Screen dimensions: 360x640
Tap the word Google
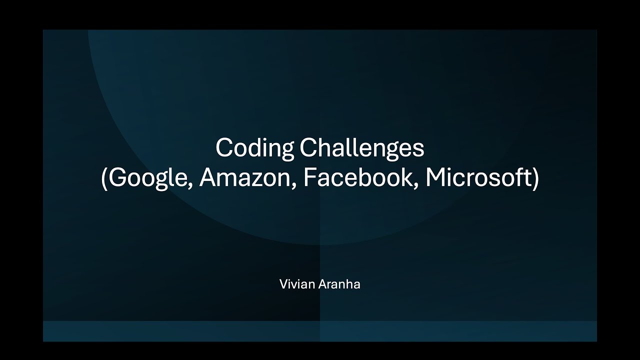tap(148, 179)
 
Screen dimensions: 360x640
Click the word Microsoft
tap(477, 178)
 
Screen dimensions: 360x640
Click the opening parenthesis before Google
tap(104, 179)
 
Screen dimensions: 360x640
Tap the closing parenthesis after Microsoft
tap(535, 179)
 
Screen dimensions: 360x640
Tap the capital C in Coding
tap(223, 148)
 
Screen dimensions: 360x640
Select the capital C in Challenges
tap(307, 148)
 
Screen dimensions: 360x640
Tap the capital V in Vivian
tap(283, 285)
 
